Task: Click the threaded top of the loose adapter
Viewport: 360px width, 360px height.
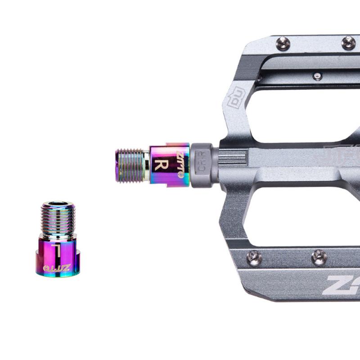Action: (x=56, y=218)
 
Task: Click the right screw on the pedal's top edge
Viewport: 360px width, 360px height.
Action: (x=348, y=42)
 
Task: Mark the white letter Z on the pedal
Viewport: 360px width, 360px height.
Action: (x=336, y=285)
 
